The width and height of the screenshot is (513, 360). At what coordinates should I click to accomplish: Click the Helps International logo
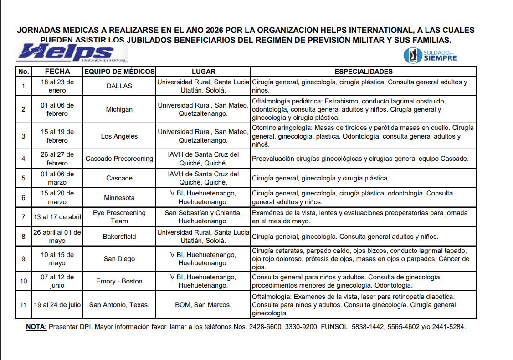tap(72, 53)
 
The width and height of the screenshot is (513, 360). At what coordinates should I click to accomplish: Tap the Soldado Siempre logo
tap(430, 55)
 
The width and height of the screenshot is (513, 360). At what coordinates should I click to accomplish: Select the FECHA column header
tap(57, 72)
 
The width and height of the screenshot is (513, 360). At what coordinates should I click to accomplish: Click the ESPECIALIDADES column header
tap(364, 72)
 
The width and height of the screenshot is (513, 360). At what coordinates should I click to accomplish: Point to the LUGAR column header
tap(203, 72)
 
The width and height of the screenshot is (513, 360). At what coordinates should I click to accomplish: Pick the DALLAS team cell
tap(119, 86)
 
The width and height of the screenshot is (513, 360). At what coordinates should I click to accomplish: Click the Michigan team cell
tap(119, 109)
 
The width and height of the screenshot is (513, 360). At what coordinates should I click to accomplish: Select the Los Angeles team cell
tap(119, 136)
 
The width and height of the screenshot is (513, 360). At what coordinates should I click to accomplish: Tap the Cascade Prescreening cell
tap(119, 159)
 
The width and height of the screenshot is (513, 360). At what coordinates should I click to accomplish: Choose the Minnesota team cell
tap(119, 198)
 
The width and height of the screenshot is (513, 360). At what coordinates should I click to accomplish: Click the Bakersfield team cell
tap(119, 237)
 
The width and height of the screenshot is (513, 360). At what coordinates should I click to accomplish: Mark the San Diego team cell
tap(119, 259)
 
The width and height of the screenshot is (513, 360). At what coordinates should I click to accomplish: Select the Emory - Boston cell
tap(119, 281)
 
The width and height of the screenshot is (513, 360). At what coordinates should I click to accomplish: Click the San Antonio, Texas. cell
tap(119, 305)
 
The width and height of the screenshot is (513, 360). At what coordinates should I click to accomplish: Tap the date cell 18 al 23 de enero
tap(57, 86)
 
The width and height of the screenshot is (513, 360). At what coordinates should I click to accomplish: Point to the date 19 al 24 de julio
tap(57, 305)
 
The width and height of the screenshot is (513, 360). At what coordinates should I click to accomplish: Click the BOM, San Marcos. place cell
tap(203, 305)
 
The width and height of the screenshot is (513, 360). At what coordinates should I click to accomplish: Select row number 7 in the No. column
tap(23, 217)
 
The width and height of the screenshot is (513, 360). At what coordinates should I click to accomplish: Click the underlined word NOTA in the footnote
tap(36, 327)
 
